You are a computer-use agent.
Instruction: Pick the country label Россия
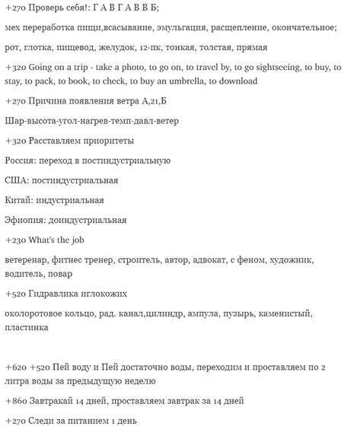coord(20,161)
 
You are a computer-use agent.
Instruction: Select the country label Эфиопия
coord(25,220)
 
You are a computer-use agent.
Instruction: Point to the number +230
coord(16,240)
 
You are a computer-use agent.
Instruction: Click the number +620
coord(16,367)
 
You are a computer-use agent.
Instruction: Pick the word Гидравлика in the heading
coord(61,293)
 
